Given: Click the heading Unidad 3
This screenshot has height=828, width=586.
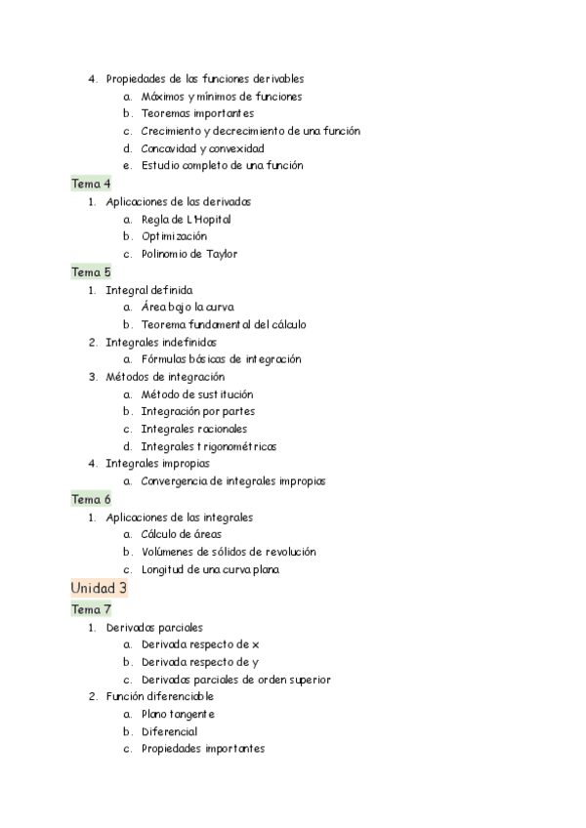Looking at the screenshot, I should (x=99, y=588).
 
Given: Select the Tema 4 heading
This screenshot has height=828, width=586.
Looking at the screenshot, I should (x=91, y=184).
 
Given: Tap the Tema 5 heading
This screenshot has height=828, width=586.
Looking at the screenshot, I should (x=91, y=271).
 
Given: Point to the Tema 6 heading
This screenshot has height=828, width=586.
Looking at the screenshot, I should (x=91, y=499).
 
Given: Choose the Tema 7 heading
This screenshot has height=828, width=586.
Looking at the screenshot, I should (x=91, y=609).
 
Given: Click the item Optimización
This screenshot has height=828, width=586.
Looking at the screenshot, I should (x=174, y=236).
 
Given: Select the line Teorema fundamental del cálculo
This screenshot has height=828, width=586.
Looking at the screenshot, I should (x=225, y=324).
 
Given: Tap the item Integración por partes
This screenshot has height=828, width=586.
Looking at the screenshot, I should (x=198, y=412).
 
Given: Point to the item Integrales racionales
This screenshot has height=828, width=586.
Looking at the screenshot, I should (x=193, y=429).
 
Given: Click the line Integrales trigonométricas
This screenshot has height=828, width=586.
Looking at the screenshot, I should (x=209, y=446).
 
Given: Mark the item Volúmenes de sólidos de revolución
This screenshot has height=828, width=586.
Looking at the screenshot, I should (x=229, y=552).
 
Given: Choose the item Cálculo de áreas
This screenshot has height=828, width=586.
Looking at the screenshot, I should (x=181, y=534).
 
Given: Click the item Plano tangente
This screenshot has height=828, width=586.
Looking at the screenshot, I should (x=178, y=714).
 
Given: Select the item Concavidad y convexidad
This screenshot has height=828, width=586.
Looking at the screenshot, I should (x=202, y=148).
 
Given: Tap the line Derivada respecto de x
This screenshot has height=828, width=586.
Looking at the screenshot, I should (x=200, y=644).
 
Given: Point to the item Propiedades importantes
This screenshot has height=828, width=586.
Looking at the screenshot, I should (x=202, y=749).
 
